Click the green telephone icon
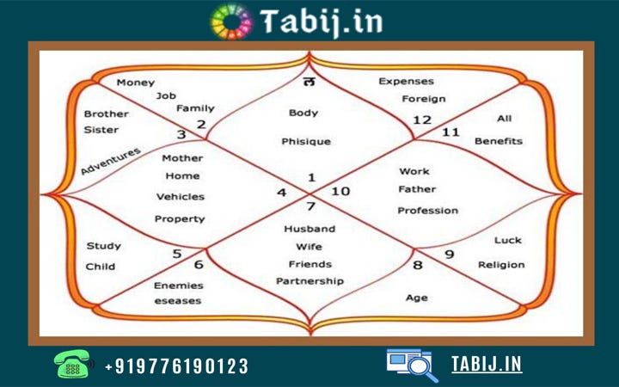click(x=74, y=364)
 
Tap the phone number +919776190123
click(x=176, y=366)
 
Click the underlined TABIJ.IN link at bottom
click(x=487, y=364)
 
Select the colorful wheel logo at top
click(x=232, y=21)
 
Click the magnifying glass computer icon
click(x=413, y=365)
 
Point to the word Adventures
click(x=111, y=161)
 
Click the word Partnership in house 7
click(x=309, y=281)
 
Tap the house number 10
click(x=340, y=192)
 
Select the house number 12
click(x=422, y=120)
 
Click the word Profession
click(x=427, y=211)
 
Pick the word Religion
click(x=501, y=265)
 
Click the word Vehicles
click(x=181, y=197)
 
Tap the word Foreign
click(x=424, y=99)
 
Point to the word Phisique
click(x=306, y=141)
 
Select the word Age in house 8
click(x=417, y=298)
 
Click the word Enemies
click(x=179, y=286)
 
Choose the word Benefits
click(x=499, y=141)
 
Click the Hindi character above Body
click(x=309, y=82)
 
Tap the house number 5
click(x=177, y=254)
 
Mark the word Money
click(x=136, y=83)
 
